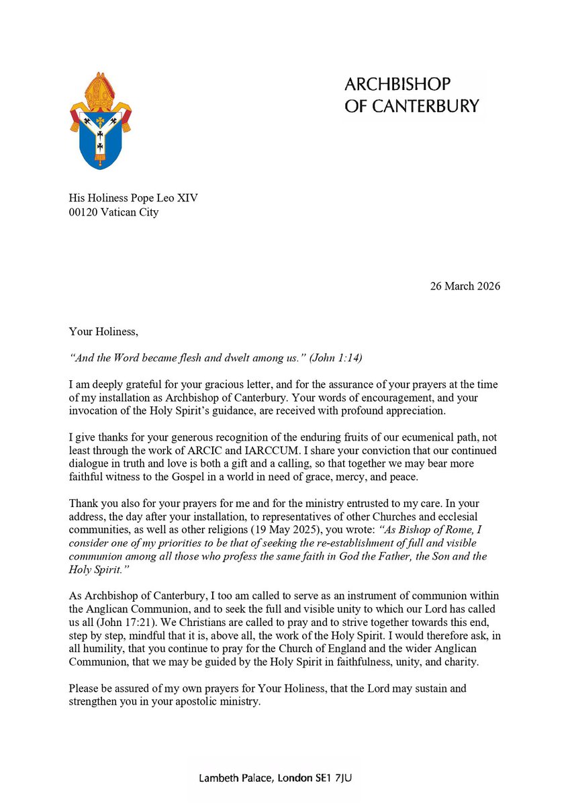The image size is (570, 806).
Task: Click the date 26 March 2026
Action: point(465,285)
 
